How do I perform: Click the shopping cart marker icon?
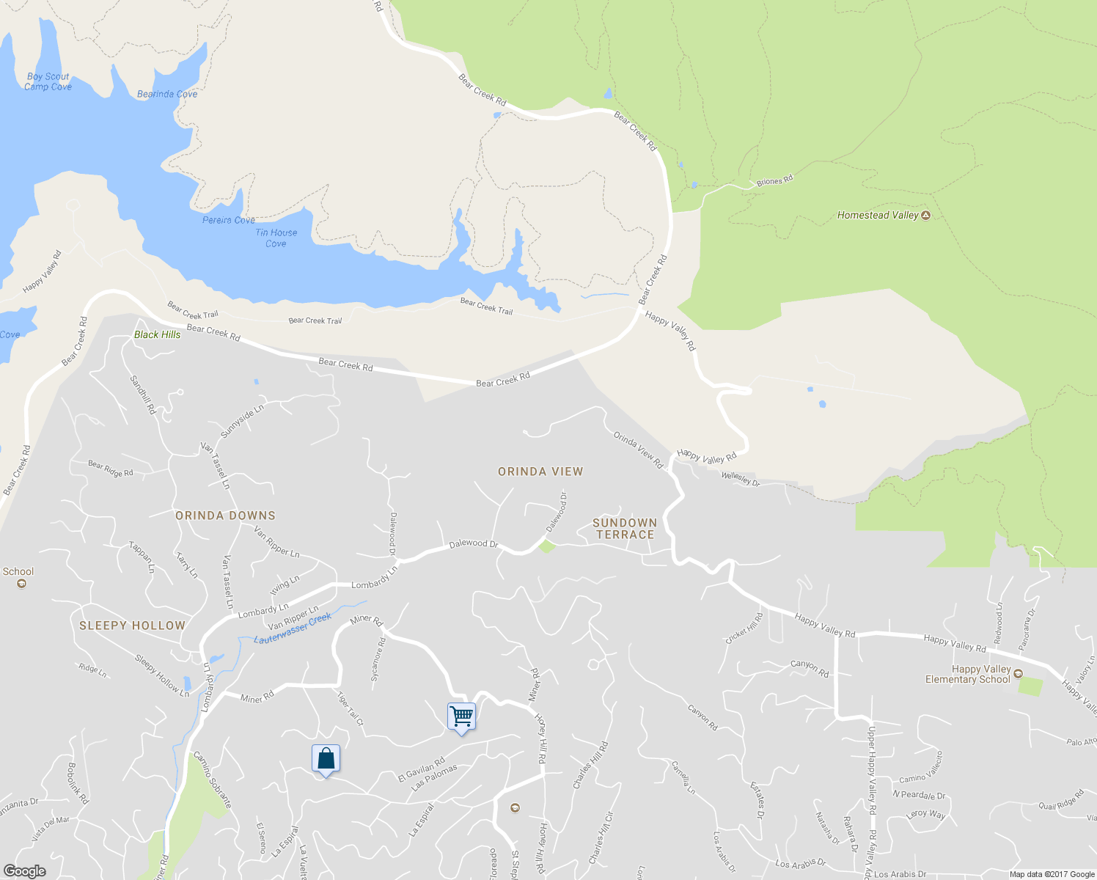click(461, 716)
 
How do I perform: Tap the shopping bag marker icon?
click(326, 758)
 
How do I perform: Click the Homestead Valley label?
click(878, 215)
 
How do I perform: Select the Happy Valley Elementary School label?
click(968, 675)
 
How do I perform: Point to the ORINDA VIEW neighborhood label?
click(540, 472)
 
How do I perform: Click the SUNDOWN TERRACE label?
click(625, 529)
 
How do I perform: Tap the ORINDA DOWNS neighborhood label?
click(225, 516)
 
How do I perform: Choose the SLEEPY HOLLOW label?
click(132, 626)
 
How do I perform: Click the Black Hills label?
click(157, 334)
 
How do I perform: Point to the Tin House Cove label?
click(276, 238)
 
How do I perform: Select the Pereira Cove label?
click(229, 220)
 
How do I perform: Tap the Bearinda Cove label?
click(167, 94)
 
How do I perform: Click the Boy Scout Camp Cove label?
click(48, 81)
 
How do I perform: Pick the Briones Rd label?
click(774, 180)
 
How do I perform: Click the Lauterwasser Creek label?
click(293, 629)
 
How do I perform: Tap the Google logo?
click(24, 871)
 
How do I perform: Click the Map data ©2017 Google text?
click(1052, 874)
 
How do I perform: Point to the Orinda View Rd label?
click(638, 450)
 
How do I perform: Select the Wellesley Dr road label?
click(741, 479)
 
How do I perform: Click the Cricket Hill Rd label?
click(744, 628)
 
